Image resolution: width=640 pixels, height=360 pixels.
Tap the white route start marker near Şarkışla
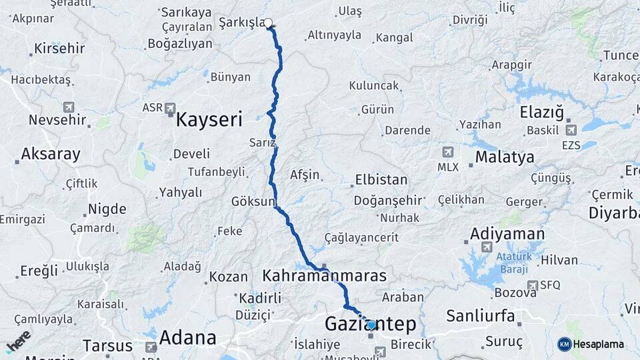point(269,23)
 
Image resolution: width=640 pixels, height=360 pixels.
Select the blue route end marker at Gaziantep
point(371,325)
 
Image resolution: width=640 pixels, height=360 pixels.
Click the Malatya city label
point(505,157)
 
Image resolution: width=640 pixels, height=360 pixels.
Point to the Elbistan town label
point(381,179)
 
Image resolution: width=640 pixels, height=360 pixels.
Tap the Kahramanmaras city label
point(325,275)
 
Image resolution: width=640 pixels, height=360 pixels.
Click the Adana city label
point(188,337)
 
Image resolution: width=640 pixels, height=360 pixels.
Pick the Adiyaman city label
point(507,234)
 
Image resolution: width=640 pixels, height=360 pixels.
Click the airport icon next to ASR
point(170,107)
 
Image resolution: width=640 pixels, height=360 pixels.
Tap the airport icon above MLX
point(447,152)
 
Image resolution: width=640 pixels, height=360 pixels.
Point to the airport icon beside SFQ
point(532,285)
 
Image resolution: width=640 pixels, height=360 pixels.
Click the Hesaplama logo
point(591,344)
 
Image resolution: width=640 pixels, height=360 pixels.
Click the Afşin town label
point(305,175)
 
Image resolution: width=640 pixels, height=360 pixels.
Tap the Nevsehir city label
point(57,121)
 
